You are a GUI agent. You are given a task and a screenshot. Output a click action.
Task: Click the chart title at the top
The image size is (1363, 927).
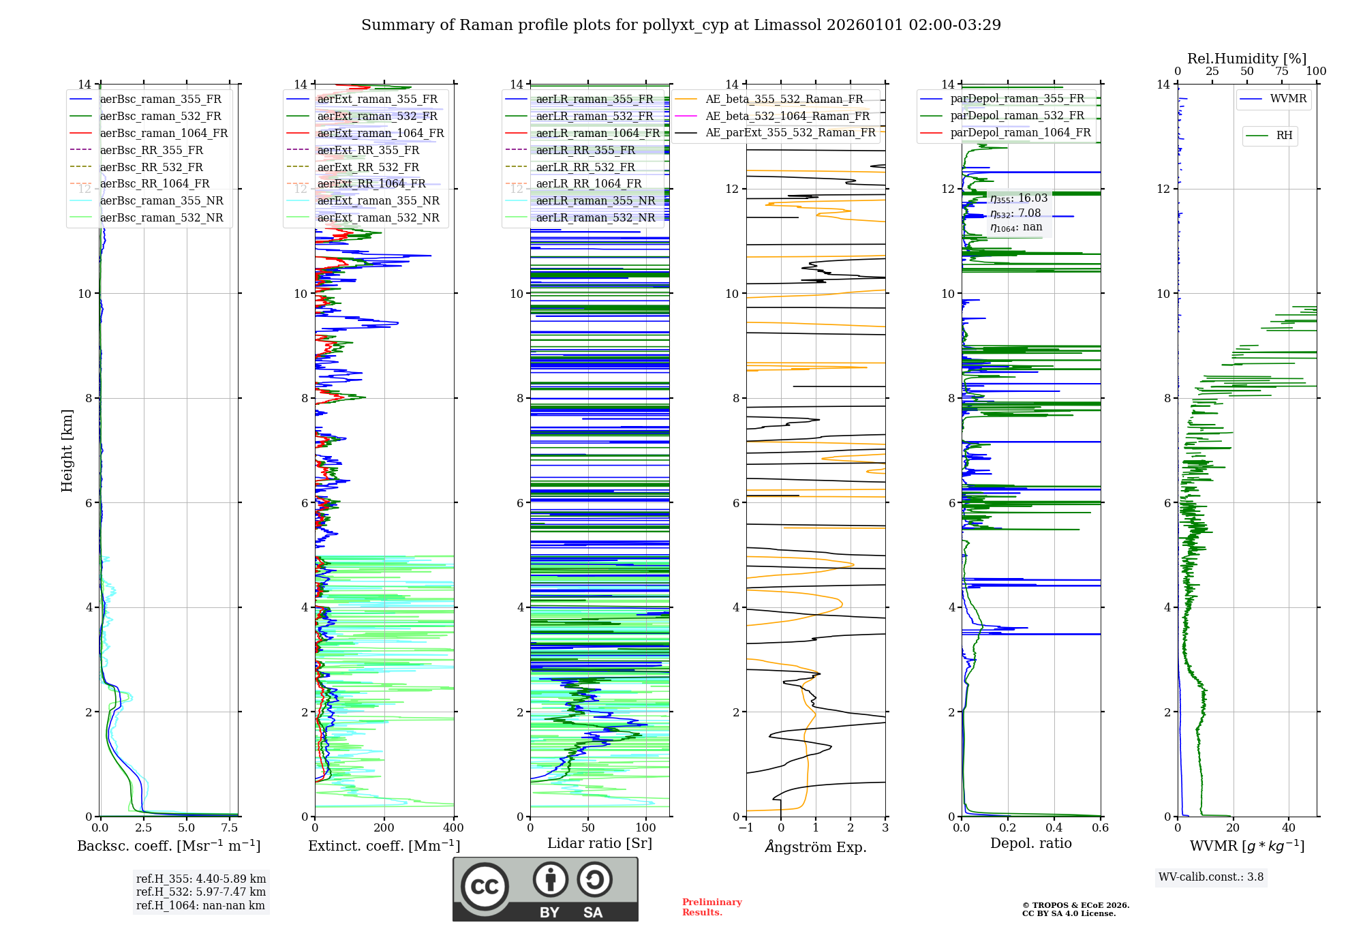681,25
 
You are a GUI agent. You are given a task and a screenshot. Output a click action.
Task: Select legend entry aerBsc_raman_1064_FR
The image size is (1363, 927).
164,133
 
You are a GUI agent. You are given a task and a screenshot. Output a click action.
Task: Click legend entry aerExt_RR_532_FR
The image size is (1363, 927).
368,167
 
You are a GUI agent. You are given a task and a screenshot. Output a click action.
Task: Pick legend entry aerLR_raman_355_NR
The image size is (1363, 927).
595,200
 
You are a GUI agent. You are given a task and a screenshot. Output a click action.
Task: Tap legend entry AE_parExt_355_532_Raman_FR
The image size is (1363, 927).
791,132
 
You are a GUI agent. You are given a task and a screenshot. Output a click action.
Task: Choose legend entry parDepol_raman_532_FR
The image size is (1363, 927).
1017,115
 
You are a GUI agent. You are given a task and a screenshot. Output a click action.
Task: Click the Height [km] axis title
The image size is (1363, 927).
67,450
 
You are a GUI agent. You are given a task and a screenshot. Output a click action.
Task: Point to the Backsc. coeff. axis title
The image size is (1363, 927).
168,846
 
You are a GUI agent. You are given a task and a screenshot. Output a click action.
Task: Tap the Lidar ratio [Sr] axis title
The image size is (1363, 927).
600,843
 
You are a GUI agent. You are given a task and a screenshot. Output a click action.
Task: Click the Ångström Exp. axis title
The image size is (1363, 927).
816,847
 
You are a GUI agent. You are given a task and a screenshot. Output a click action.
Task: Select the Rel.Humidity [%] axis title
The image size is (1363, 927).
1246,59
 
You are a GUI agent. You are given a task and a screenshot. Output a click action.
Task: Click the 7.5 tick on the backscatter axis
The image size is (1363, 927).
230,828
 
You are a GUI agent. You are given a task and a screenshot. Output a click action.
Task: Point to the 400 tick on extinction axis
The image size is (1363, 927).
453,828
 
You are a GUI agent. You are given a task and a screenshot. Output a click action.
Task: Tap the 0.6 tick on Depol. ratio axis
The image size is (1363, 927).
1100,828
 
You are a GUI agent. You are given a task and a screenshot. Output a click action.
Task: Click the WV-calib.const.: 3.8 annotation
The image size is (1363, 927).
1211,877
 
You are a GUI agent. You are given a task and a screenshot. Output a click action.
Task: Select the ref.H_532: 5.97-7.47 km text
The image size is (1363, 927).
201,892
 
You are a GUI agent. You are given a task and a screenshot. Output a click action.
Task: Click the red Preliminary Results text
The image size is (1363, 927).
711,907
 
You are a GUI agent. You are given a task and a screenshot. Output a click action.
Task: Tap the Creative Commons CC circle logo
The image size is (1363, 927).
485,887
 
